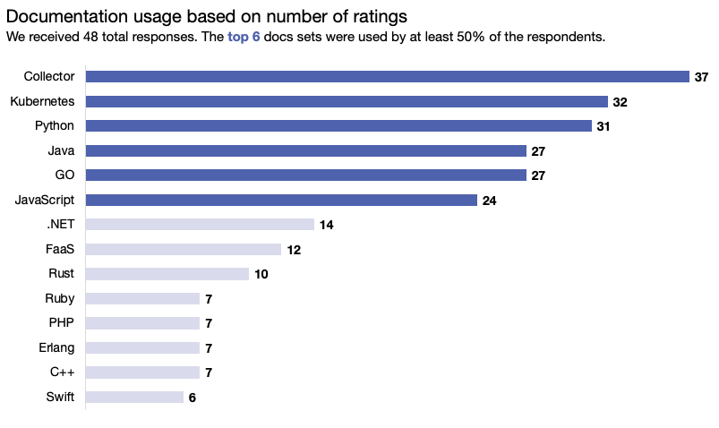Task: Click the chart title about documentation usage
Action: pos(206,16)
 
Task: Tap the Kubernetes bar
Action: pos(347,102)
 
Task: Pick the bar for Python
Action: pos(338,126)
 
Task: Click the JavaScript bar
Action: pos(281,201)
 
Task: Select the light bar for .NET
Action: pos(200,225)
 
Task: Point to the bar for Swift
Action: pos(134,398)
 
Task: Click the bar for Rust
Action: pos(167,274)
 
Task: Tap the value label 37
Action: pos(702,78)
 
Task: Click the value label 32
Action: pos(620,102)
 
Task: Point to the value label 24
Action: pos(489,201)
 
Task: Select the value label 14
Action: pos(326,225)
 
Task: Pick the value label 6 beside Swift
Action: pos(192,398)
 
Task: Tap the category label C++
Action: pos(62,372)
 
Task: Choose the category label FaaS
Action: pos(60,249)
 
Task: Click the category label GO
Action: pos(64,175)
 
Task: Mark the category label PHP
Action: pos(62,323)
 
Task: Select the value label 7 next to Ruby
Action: pos(208,299)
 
